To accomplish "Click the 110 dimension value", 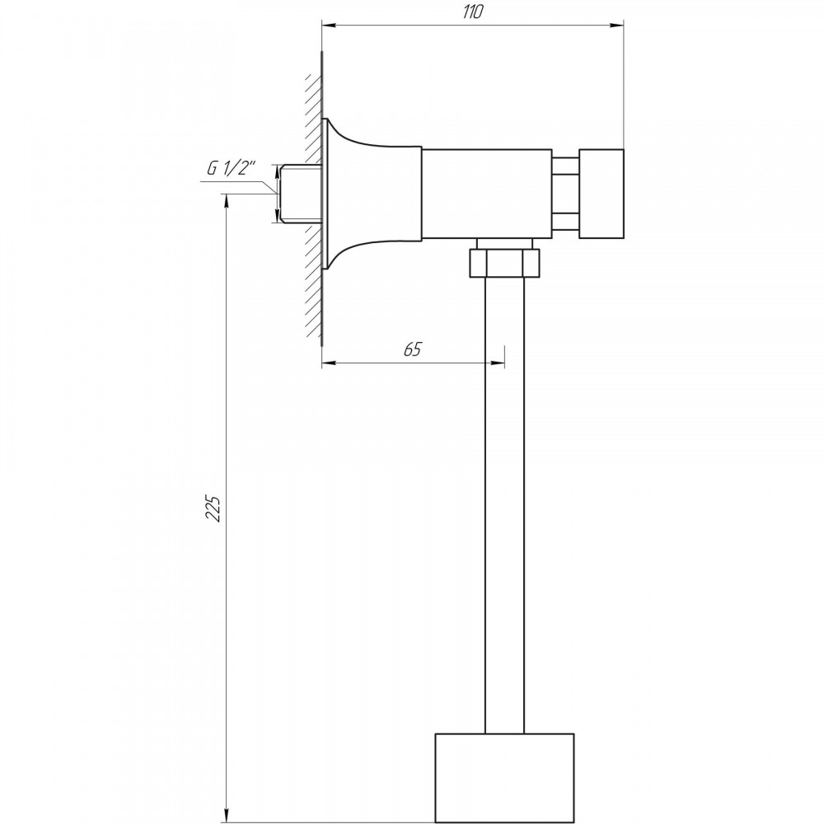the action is [x=472, y=12].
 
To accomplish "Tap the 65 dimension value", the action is [x=413, y=349].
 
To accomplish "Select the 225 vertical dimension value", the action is [x=213, y=507].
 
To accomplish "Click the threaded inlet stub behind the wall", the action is [x=300, y=194].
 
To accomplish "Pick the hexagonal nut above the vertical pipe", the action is [x=504, y=263].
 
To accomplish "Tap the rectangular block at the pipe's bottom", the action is [x=504, y=778].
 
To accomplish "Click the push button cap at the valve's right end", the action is [x=602, y=194].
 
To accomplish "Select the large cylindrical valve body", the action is [x=487, y=194].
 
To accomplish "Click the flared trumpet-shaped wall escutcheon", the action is [x=368, y=194].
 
